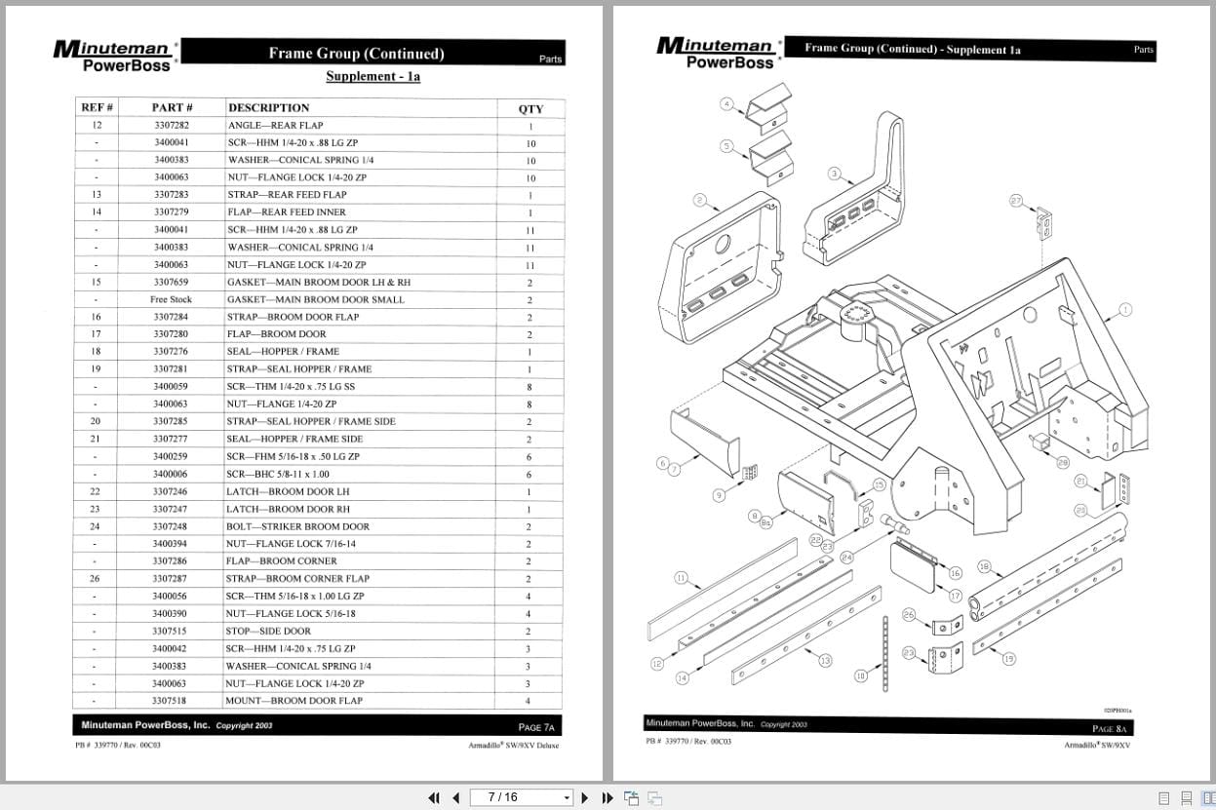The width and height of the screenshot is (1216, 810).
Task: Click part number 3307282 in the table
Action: pyautogui.click(x=172, y=126)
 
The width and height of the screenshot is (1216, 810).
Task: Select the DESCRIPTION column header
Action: pyautogui.click(x=268, y=107)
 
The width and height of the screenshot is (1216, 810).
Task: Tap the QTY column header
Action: pyautogui.click(x=530, y=108)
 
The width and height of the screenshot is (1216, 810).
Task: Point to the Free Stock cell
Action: pyautogui.click(x=172, y=300)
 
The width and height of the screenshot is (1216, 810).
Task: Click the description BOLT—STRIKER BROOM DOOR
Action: pyautogui.click(x=297, y=526)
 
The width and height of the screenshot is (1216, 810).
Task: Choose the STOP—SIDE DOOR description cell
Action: pyautogui.click(x=268, y=631)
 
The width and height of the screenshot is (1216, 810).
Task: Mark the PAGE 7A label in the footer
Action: pyautogui.click(x=536, y=727)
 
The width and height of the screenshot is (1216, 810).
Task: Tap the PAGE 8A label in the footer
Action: pyautogui.click(x=1110, y=728)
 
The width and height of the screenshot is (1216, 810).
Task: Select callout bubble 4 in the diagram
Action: pyautogui.click(x=726, y=103)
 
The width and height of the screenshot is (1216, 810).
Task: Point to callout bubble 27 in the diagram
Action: pyautogui.click(x=1016, y=201)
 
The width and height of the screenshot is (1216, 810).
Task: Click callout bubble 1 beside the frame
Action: pyautogui.click(x=1125, y=310)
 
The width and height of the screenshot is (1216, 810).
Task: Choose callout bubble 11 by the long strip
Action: pyautogui.click(x=681, y=578)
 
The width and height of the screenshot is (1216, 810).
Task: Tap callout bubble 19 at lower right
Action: pyautogui.click(x=1008, y=659)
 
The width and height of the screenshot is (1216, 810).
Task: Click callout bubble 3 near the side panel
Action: pyautogui.click(x=835, y=174)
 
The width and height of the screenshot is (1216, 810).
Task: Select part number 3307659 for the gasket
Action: pyautogui.click(x=172, y=283)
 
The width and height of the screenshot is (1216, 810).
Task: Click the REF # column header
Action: pyautogui.click(x=97, y=107)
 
